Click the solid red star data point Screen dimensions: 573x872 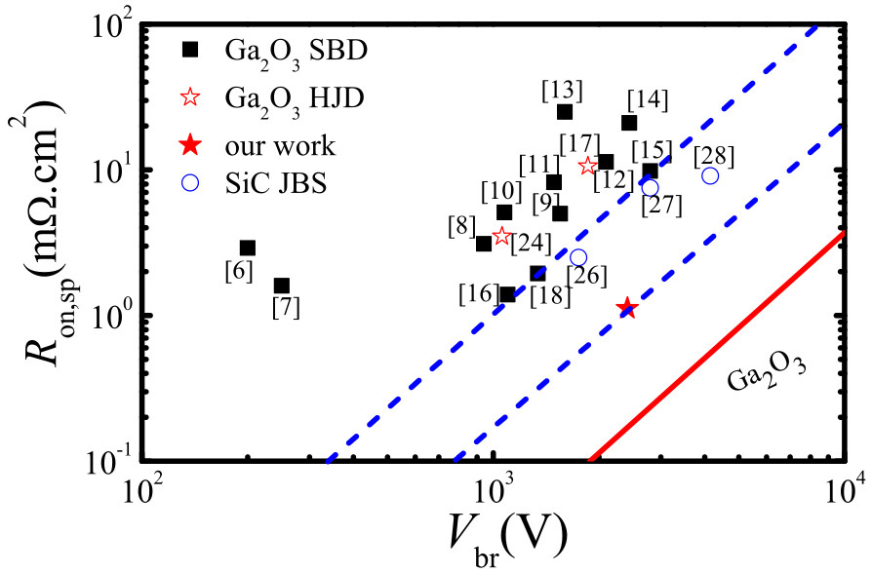click(x=626, y=308)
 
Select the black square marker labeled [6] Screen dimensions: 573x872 click(x=248, y=248)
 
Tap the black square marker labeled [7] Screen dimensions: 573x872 click(x=282, y=286)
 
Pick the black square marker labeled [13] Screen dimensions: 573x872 click(x=565, y=112)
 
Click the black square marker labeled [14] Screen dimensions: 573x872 click(x=629, y=123)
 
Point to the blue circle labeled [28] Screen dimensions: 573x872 click(x=710, y=175)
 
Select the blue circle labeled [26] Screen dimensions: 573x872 click(x=578, y=257)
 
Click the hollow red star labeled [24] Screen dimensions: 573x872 click(x=502, y=236)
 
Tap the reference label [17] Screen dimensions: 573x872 click(x=578, y=141)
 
